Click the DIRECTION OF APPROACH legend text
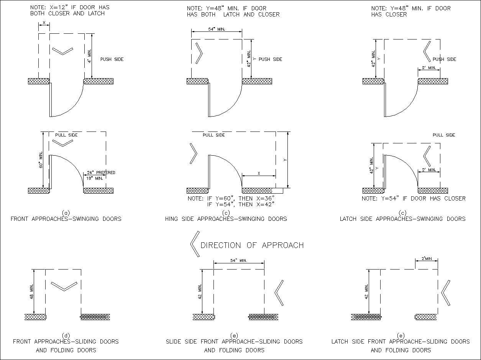click(252, 245)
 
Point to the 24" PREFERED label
click(101, 173)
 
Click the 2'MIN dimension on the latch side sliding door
click(426, 259)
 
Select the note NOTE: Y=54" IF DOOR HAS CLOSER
click(414, 199)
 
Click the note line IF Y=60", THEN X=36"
click(231, 199)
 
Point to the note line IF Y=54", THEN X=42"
click(241, 204)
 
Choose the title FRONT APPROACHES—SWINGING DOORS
click(66, 219)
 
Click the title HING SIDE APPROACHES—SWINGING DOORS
click(226, 219)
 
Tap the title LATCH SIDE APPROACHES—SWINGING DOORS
click(402, 219)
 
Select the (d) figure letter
click(66, 335)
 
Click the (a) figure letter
click(66, 213)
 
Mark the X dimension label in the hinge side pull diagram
click(259, 173)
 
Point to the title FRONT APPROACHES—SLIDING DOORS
click(66, 342)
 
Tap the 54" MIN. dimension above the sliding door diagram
click(238, 260)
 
